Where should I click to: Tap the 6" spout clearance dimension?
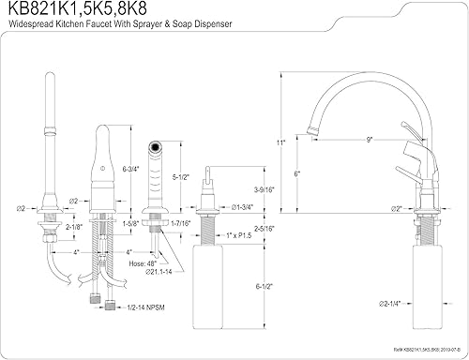click(297, 173)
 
